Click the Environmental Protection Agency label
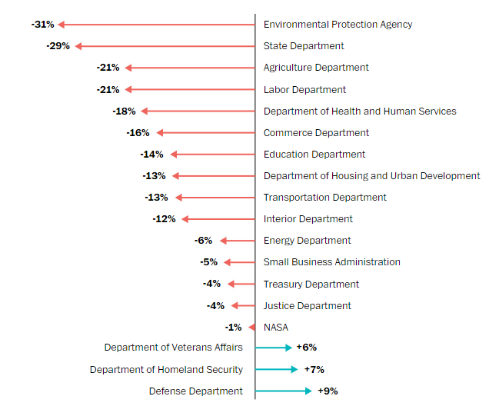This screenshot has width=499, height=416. [x=338, y=25]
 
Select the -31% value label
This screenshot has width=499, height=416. [x=42, y=25]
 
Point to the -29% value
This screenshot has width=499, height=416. [x=58, y=46]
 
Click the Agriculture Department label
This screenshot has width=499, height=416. [x=316, y=68]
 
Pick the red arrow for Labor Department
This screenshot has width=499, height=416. [x=189, y=89]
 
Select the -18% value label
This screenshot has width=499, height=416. [x=124, y=111]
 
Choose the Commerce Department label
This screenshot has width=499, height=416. [x=316, y=133]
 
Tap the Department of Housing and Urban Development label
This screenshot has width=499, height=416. [x=371, y=176]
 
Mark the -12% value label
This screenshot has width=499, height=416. [x=164, y=219]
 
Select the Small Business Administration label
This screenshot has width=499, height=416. [x=331, y=262]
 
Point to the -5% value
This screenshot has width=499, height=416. [x=209, y=262]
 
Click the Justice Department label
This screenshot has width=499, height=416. [x=307, y=306]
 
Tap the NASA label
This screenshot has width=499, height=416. [x=276, y=328]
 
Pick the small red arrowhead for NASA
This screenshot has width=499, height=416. [x=251, y=328]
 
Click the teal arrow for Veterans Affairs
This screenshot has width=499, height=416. [x=273, y=348]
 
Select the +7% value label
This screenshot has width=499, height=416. [x=314, y=370]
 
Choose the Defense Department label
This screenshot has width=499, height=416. [x=195, y=391]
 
